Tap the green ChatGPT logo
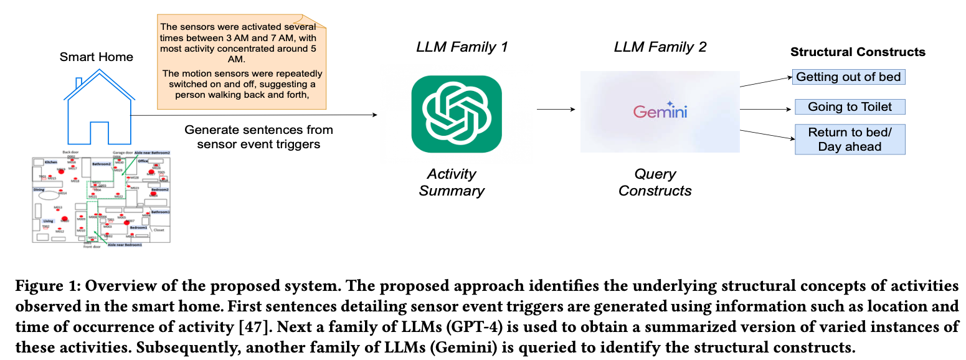457,114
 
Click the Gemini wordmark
660,111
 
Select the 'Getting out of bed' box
848,77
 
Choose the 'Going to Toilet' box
850,107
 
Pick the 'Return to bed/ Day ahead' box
850,140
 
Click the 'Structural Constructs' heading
858,52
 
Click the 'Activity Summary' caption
452,182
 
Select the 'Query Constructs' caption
655,182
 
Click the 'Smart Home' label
96,57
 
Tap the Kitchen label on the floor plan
50,162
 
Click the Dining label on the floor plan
39,189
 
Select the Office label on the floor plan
143,161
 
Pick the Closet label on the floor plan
159,230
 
